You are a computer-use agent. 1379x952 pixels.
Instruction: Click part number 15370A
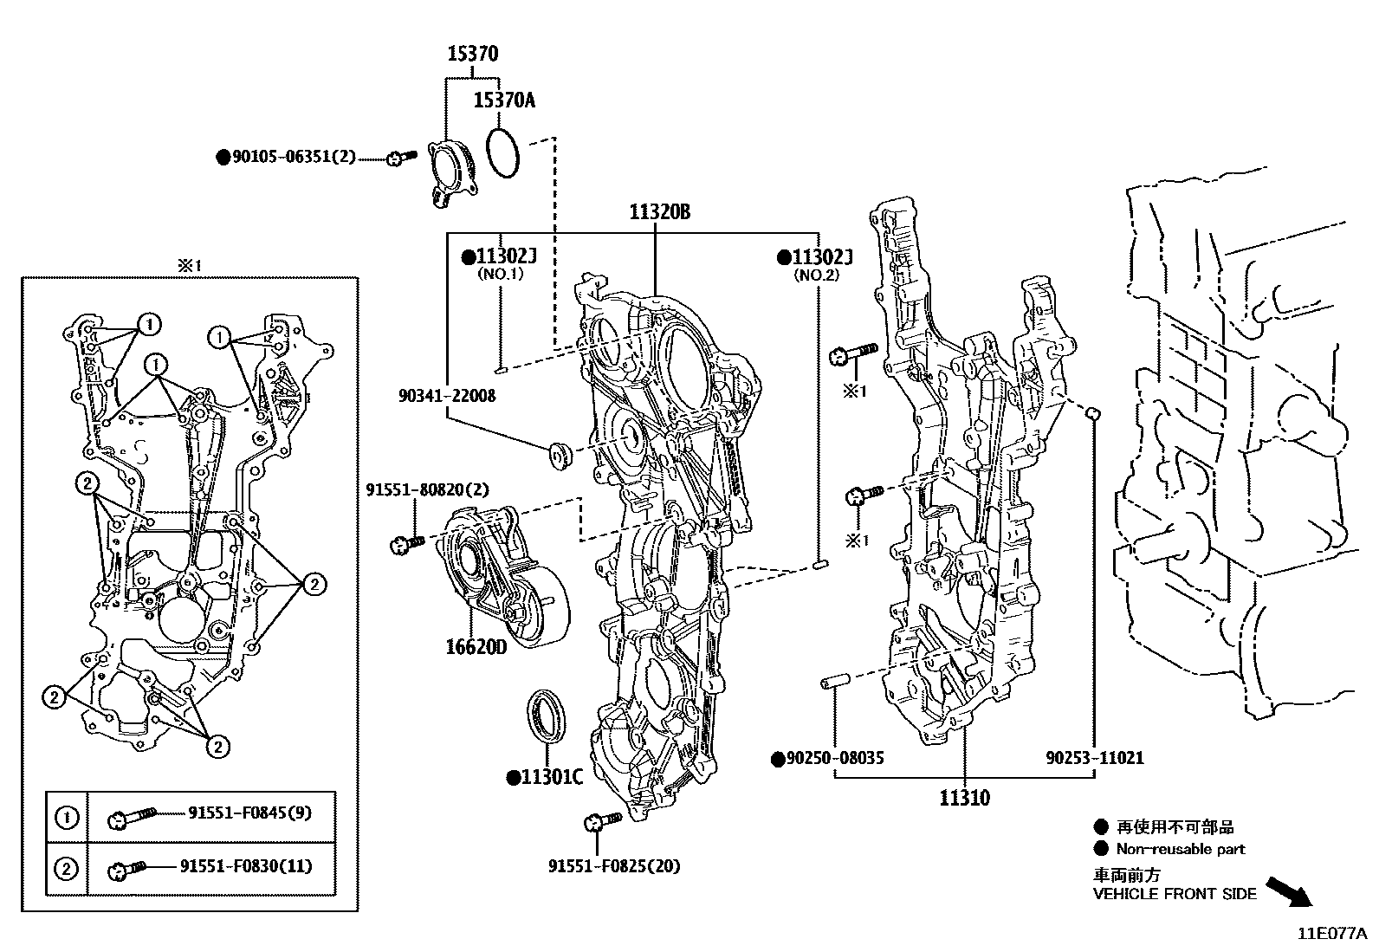click(503, 100)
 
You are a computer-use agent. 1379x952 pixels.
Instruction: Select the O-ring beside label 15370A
click(503, 153)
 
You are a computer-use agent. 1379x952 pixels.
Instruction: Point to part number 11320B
click(659, 212)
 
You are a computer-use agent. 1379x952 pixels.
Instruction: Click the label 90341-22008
click(447, 395)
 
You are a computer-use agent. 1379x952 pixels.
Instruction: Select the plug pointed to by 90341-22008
click(560, 455)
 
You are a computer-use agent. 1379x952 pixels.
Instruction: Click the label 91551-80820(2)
click(427, 490)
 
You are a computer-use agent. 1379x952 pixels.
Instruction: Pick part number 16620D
click(476, 647)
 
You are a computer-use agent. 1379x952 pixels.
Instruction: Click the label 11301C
click(551, 777)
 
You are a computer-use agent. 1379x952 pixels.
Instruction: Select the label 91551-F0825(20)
click(614, 865)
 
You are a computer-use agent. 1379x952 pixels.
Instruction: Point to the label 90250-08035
click(834, 758)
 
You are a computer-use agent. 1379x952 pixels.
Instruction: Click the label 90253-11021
click(1094, 758)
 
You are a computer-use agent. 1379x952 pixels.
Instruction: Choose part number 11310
click(964, 797)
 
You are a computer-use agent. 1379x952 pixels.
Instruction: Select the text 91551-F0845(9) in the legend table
click(250, 813)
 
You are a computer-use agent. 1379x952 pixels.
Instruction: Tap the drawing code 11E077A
click(1332, 934)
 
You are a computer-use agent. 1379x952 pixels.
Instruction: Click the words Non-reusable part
click(1180, 849)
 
